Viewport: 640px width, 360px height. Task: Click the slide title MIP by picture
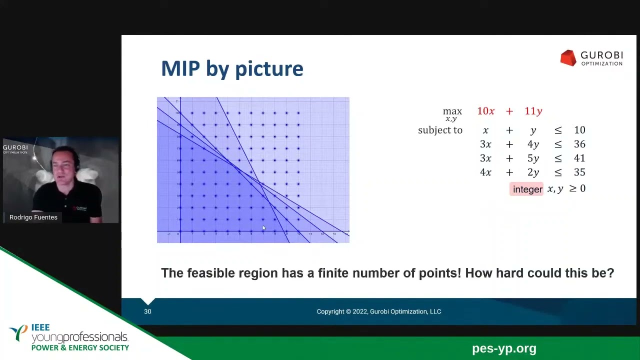[x=232, y=68]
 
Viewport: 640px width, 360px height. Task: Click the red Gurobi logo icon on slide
[x=568, y=58]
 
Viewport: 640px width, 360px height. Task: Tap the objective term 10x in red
[x=485, y=111]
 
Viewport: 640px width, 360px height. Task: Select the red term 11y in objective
[x=533, y=111]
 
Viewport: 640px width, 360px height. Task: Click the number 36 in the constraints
[x=579, y=144]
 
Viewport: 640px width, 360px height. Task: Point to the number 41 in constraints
[x=579, y=158]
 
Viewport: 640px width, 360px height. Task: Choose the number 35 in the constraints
[x=579, y=172]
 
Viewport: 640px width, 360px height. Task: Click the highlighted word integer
[x=527, y=189]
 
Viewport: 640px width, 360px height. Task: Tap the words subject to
[x=440, y=130]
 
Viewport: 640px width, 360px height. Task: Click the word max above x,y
[x=452, y=111]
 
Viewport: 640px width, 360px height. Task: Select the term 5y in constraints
[x=533, y=158]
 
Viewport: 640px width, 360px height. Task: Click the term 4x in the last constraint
[x=485, y=172]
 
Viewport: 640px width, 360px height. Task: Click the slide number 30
[x=147, y=311]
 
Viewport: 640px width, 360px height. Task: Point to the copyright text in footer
[x=378, y=311]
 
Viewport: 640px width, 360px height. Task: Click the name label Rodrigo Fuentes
[x=33, y=217]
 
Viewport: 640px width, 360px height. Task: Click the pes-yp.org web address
[x=503, y=348]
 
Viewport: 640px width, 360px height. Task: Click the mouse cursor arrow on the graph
[x=264, y=228]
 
